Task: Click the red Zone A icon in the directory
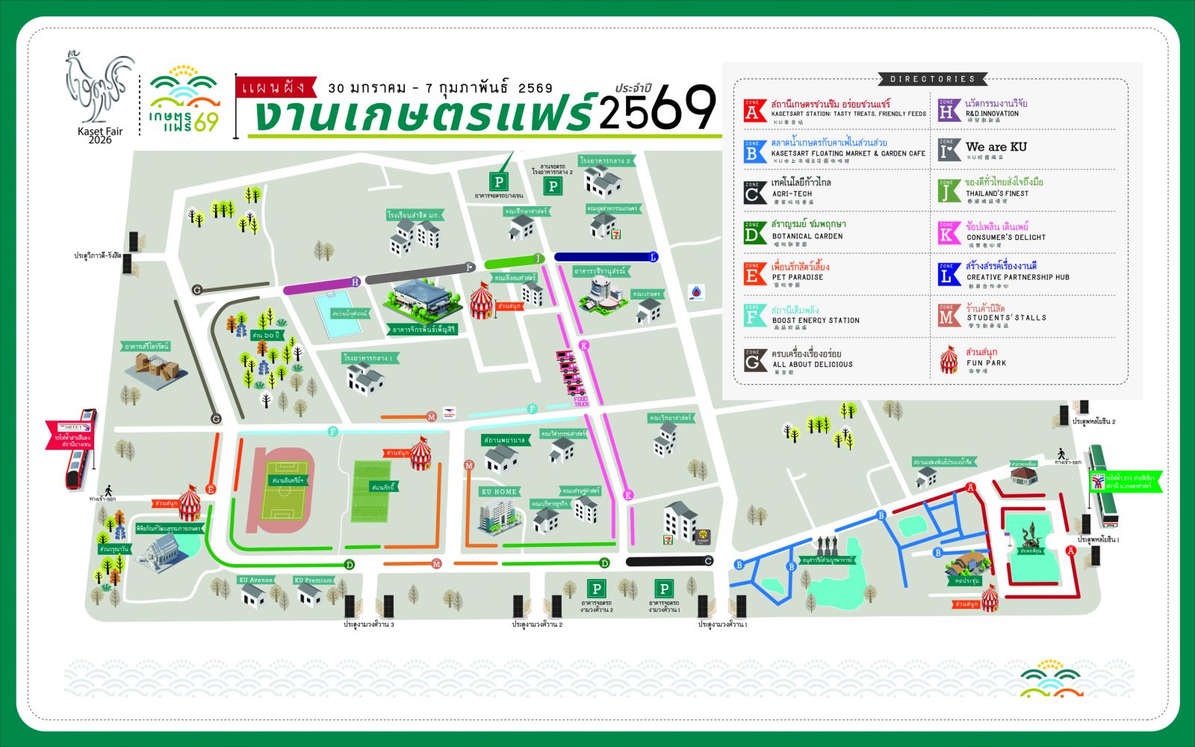coord(755,110)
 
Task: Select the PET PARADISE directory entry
coord(798,277)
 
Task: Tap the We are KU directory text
coord(996,147)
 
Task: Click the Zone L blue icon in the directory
coord(949,274)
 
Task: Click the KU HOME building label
coord(498,492)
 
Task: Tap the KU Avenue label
coord(256,580)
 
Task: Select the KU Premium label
coord(313,580)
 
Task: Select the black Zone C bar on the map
coord(669,561)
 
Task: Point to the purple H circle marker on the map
coord(356,282)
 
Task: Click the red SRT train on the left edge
coord(81,449)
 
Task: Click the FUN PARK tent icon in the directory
coord(949,360)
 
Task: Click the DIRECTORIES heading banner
coord(932,78)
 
